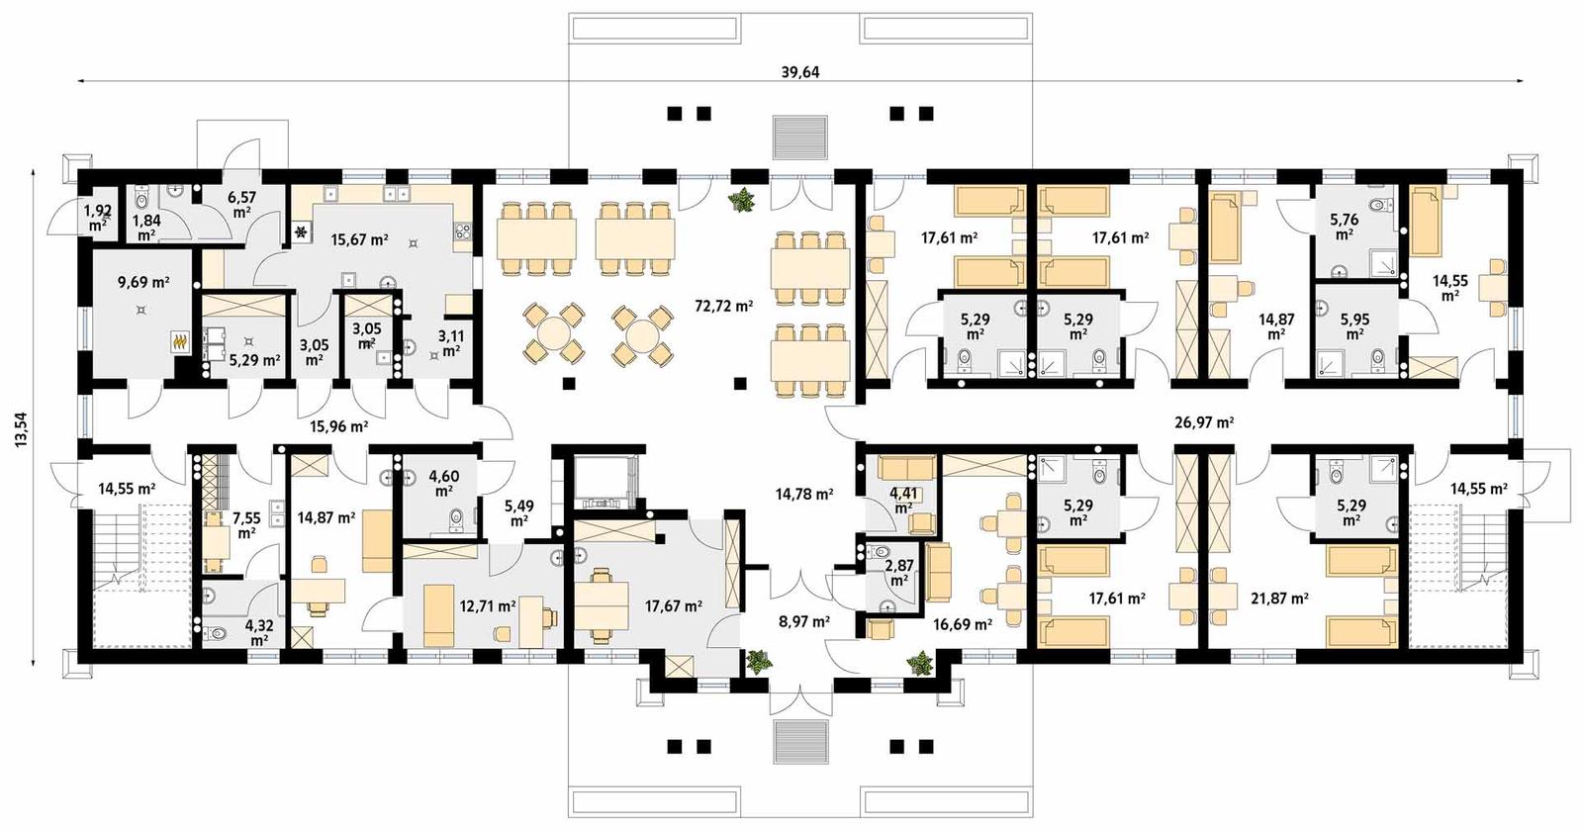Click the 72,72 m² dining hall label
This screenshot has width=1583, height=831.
click(723, 306)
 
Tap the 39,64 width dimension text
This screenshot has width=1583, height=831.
click(800, 72)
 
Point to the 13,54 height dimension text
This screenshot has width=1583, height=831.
click(21, 430)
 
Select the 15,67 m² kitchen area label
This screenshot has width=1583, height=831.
click(359, 239)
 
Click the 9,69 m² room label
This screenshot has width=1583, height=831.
click(143, 282)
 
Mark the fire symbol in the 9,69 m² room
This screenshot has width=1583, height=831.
click(180, 342)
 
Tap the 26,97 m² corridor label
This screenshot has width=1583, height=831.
click(1203, 422)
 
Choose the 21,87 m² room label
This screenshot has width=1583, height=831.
click(1279, 599)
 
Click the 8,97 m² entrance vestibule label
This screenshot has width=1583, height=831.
click(803, 622)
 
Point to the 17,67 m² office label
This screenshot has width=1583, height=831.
click(673, 605)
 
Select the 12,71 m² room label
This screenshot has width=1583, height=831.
click(487, 605)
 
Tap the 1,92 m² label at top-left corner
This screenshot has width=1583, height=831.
click(97, 217)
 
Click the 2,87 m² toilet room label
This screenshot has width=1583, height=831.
click(898, 571)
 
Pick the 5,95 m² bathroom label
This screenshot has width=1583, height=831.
click(1355, 325)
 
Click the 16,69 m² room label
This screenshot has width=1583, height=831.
click(962, 624)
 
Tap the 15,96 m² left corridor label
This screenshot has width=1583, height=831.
click(338, 427)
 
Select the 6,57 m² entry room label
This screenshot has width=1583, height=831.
click(241, 205)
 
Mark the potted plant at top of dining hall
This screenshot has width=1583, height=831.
click(741, 201)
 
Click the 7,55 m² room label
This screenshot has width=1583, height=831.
click(246, 524)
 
